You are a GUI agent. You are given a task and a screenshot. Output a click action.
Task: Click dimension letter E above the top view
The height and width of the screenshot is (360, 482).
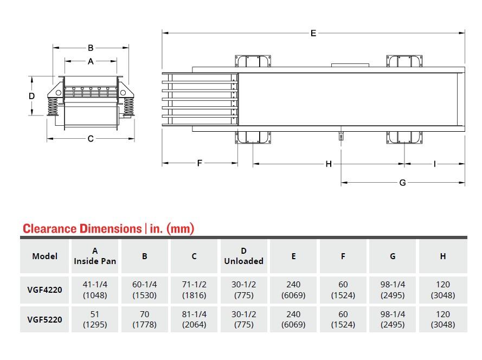pyautogui.click(x=313, y=33)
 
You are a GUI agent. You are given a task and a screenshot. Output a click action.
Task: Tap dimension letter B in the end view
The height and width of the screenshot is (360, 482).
pyautogui.click(x=91, y=48)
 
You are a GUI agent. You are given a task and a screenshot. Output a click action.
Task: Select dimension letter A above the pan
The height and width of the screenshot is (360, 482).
pyautogui.click(x=91, y=61)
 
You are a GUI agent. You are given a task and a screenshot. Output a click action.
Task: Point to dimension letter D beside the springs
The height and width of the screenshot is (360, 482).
pyautogui.click(x=31, y=96)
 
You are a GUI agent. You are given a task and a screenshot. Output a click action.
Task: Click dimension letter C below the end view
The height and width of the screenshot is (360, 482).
pyautogui.click(x=91, y=139)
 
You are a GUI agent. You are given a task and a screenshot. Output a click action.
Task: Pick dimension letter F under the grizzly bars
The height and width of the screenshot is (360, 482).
pyautogui.click(x=200, y=163)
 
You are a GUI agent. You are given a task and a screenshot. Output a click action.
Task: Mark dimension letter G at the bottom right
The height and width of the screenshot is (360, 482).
pyautogui.click(x=402, y=183)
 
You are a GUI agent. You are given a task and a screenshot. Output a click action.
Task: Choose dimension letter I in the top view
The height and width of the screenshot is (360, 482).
pyautogui.click(x=435, y=164)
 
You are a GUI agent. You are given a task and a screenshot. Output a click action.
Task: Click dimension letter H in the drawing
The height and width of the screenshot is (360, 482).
pyautogui.click(x=329, y=164)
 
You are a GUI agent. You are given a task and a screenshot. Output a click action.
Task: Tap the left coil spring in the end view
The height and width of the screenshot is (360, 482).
pyautogui.click(x=53, y=107)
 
